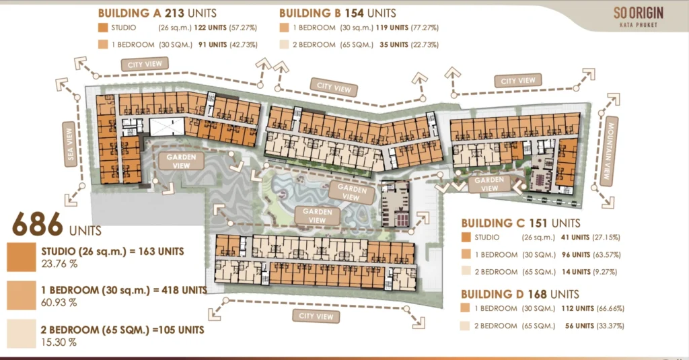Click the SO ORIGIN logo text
tap(639, 13)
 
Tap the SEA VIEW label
tap(70, 144)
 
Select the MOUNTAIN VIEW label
tap(609, 151)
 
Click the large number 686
tap(38, 224)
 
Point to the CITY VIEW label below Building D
tap(316, 316)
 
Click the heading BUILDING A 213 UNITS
tap(157, 13)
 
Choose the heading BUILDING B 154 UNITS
tap(338, 13)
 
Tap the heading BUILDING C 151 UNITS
tap(521, 223)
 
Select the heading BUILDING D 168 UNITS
tap(520, 294)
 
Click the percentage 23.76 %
tap(59, 264)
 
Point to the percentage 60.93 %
tap(59, 302)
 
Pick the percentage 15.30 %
tap(59, 342)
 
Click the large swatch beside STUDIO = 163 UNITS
tap(22, 257)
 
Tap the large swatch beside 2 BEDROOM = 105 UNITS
tap(22, 334)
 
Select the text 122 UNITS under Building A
tap(211, 28)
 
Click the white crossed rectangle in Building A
tap(167, 127)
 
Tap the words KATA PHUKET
tap(639, 25)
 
